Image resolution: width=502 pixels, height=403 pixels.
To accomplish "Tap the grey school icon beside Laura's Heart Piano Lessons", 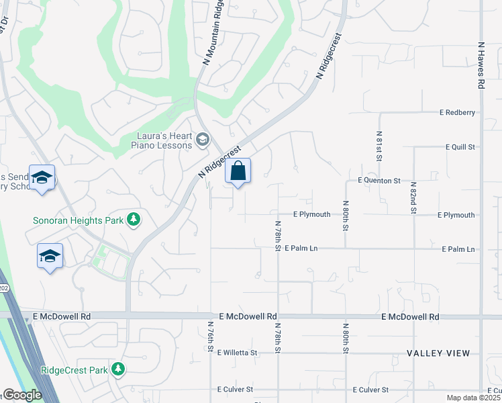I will (202, 140).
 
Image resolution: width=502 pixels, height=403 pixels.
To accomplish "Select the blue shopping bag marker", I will (238, 172).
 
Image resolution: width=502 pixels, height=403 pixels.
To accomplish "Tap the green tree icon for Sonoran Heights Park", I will (134, 220).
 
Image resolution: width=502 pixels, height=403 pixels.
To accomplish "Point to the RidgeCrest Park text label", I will (74, 369).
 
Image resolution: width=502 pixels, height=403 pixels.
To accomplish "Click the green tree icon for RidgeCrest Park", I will (118, 369).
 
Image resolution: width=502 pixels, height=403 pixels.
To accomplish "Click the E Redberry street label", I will (457, 112).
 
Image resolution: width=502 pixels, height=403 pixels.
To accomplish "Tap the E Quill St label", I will (460, 146).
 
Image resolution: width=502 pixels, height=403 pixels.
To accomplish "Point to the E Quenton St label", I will (379, 181).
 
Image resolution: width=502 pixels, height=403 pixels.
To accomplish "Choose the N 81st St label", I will (379, 146).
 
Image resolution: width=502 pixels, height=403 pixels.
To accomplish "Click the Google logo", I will (22, 396).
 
